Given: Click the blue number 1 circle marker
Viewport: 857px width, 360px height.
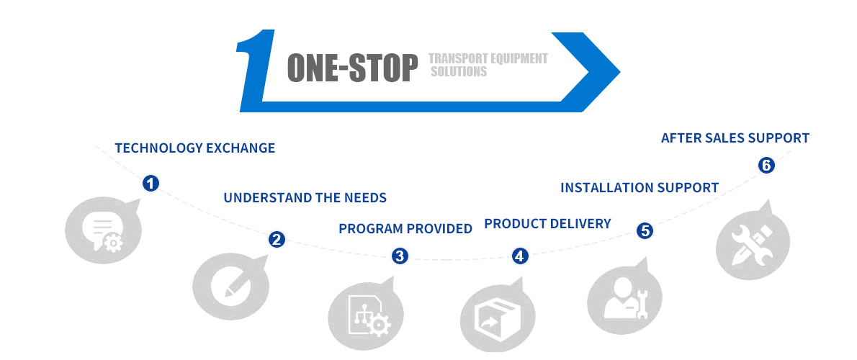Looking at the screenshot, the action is pyautogui.click(x=151, y=183).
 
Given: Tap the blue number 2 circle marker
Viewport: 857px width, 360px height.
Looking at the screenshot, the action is pyautogui.click(x=277, y=239).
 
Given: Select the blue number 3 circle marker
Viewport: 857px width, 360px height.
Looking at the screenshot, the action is pyautogui.click(x=400, y=255).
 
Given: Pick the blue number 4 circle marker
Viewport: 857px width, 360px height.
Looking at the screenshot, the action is pyautogui.click(x=520, y=255).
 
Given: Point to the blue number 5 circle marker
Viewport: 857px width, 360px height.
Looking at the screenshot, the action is pyautogui.click(x=645, y=230).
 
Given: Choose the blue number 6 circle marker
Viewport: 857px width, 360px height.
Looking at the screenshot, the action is pyautogui.click(x=766, y=165).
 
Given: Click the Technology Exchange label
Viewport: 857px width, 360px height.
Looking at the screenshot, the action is pyautogui.click(x=195, y=148).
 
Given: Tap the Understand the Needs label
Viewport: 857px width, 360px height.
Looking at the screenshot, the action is pyautogui.click(x=305, y=198).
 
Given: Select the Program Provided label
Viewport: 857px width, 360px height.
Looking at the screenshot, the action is pyautogui.click(x=405, y=228).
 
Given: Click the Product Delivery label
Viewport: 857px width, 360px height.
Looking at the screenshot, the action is pyautogui.click(x=547, y=223).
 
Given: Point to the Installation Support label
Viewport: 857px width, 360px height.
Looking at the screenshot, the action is pyautogui.click(x=640, y=188).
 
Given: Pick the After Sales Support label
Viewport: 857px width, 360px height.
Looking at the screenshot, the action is pyautogui.click(x=735, y=138).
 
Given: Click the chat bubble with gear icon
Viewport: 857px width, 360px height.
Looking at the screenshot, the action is pyautogui.click(x=103, y=230).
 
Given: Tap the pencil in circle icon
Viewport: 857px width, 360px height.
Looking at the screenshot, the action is pyautogui.click(x=230, y=285).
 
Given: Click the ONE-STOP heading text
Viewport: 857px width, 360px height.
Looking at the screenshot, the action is pyautogui.click(x=352, y=68).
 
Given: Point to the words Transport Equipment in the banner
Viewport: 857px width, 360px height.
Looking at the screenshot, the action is pyautogui.click(x=488, y=58).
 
